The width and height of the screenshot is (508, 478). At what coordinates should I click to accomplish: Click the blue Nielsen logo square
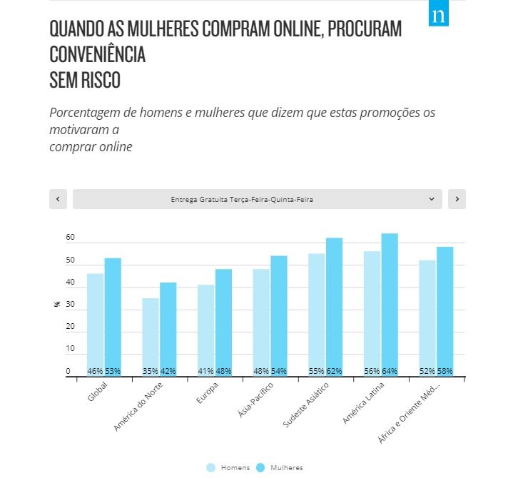click(438, 15)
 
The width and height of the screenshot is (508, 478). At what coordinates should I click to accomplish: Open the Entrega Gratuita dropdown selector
click(257, 200)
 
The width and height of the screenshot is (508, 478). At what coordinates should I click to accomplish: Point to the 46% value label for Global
click(95, 371)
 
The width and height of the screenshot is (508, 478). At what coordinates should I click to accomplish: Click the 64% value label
click(390, 371)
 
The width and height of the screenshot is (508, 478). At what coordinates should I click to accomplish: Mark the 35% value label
click(151, 371)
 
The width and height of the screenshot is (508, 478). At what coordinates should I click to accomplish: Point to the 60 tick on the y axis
click(70, 238)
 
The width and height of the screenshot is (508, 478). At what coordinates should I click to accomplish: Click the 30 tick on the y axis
click(70, 305)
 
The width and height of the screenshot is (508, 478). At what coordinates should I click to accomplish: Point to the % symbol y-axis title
click(56, 305)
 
